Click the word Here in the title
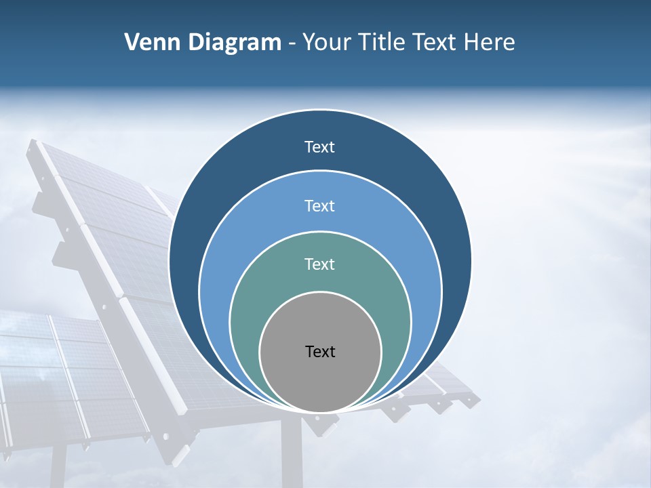[x=489, y=43]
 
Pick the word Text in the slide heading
[x=436, y=43]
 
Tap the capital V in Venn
[x=132, y=43]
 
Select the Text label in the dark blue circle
[x=320, y=147]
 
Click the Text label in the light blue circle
[x=320, y=205]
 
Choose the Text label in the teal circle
[x=320, y=264]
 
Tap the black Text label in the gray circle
[x=320, y=351]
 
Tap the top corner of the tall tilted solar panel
[x=33, y=144]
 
